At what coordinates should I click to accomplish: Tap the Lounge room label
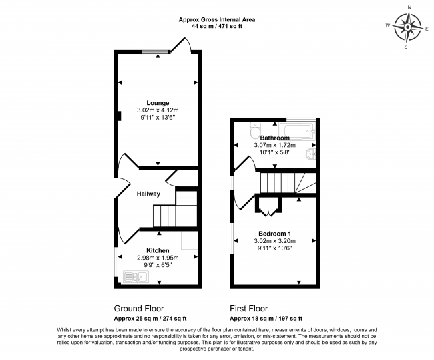pyautogui.click(x=158, y=102)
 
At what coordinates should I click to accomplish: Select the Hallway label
pyautogui.click(x=148, y=194)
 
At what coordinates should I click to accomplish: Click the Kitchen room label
pyautogui.click(x=158, y=250)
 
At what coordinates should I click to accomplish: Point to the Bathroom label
pyautogui.click(x=274, y=138)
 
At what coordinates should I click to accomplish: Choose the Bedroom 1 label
pyautogui.click(x=274, y=233)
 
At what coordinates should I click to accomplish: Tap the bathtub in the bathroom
pyautogui.click(x=299, y=129)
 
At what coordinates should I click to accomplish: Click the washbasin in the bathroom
pyautogui.click(x=310, y=156)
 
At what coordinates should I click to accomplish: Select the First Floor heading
pyautogui.click(x=248, y=309)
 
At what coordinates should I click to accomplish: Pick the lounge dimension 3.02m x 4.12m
pyautogui.click(x=158, y=110)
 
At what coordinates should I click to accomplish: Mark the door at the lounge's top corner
pyautogui.click(x=182, y=45)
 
